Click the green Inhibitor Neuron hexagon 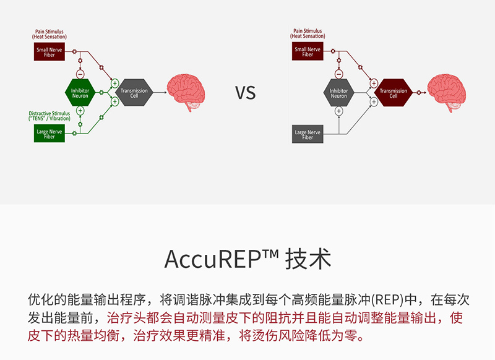tap(80, 93)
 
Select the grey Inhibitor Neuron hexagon tap(338, 93)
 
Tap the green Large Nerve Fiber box tap(48, 134)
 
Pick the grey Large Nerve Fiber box tap(308, 134)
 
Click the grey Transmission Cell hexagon tap(134, 92)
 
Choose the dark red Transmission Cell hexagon tap(393, 92)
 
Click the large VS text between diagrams tap(245, 93)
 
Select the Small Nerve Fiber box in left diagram tap(48, 51)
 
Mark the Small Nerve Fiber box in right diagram tap(308, 51)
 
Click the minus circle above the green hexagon tap(80, 74)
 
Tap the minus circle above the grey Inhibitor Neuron tap(338, 74)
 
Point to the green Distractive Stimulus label tap(49, 116)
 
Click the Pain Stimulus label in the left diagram tap(49, 33)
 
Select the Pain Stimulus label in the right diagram tap(308, 33)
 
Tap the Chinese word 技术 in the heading tap(308, 259)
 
